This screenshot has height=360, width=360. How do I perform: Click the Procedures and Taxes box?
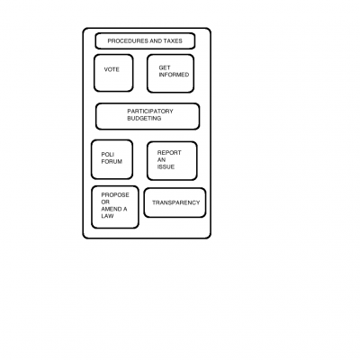[145, 41]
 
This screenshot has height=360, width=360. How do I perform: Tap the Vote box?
[113, 73]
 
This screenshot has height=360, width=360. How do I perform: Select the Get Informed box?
[170, 74]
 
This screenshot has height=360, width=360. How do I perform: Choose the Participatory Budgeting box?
[148, 116]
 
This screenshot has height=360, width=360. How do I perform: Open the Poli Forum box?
[112, 159]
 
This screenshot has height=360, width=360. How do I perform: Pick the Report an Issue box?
[172, 161]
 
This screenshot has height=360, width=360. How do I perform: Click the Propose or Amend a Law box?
[115, 207]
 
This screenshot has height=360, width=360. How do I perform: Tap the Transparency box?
[175, 202]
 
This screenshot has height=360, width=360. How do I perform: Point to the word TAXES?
[173, 41]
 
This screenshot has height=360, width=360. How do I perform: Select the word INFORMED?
[174, 75]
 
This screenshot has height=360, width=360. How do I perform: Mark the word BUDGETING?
[144, 119]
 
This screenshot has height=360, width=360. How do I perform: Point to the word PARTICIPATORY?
[150, 112]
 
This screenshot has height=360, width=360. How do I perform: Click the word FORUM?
[112, 162]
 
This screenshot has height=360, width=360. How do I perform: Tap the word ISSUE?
[166, 167]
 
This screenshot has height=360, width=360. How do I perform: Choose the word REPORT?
[169, 153]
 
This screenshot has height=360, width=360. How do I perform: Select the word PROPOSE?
[115, 195]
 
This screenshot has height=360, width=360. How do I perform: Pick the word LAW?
[107, 216]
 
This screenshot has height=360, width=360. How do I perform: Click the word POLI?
[107, 155]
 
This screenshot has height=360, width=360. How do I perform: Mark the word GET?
[165, 67]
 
